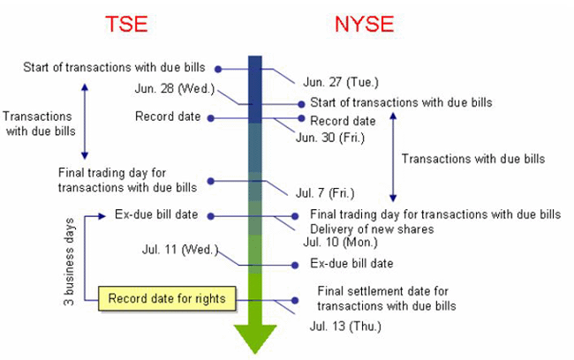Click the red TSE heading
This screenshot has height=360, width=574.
coord(126,24)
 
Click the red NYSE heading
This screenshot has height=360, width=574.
coord(364,24)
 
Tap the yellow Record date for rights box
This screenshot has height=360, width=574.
coord(167,298)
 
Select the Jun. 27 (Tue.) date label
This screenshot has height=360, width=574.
coord(341,82)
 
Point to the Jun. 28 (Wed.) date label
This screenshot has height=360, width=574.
coord(175,88)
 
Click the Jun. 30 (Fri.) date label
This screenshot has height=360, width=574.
coord(330,138)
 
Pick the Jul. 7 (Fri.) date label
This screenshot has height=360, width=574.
coord(325,193)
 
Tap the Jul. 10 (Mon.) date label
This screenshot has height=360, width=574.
coord(340,242)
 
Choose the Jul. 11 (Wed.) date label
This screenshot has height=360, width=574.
coord(180,250)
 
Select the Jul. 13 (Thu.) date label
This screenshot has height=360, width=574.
coord(345,326)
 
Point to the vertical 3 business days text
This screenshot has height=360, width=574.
coord(69,261)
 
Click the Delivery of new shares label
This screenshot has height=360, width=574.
coord(372,229)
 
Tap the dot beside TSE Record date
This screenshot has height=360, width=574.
coord(210,118)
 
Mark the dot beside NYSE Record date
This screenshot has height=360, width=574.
coord(301,118)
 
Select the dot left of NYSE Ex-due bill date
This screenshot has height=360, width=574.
coord(295,266)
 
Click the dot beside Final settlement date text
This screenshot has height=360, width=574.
coord(295,300)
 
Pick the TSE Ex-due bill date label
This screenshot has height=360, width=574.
coord(156,214)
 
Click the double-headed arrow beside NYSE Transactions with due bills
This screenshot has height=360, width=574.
coord(393,157)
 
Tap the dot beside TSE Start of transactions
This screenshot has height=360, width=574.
coord(218,69)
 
